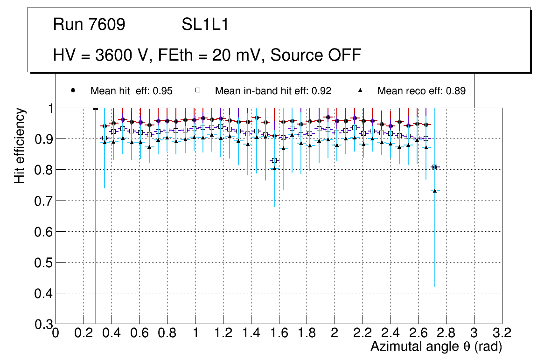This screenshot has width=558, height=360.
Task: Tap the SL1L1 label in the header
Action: [205, 25]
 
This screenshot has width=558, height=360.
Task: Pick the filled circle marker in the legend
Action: [73, 90]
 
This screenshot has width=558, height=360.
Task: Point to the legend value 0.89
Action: [455, 91]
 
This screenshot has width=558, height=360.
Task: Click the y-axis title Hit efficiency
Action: [20, 145]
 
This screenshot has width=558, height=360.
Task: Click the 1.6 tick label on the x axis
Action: [279, 332]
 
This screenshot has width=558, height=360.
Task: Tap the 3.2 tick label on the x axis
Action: [502, 332]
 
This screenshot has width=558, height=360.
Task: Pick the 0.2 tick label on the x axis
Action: [84, 332]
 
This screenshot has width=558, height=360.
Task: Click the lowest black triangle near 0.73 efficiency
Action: [435, 191]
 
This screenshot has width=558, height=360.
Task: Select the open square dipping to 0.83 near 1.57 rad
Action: [274, 160]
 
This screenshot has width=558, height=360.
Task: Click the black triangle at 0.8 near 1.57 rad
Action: [274, 168]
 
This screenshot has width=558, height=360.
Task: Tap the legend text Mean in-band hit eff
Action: [273, 91]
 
